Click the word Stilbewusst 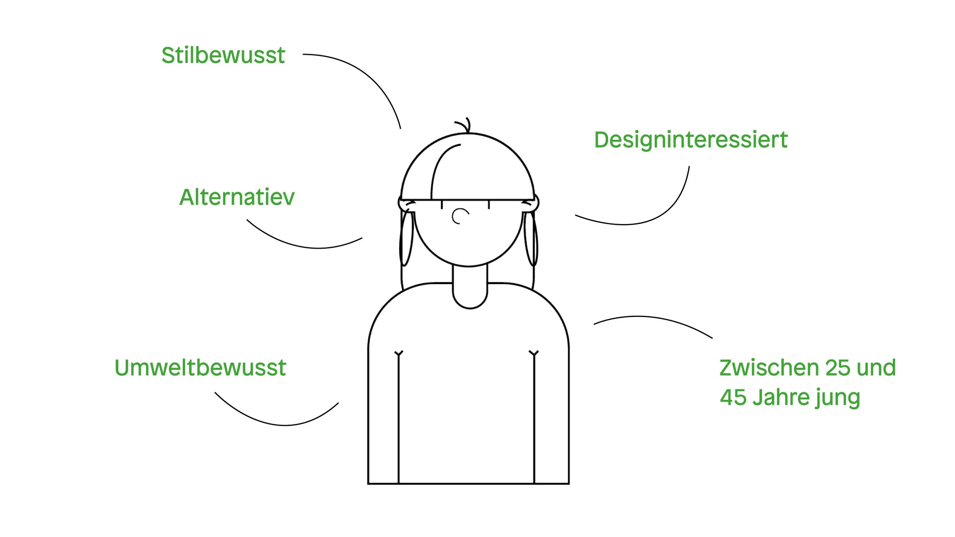click(223, 55)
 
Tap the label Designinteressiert click(691, 140)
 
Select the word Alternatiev click(237, 197)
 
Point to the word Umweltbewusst click(200, 368)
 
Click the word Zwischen click(769, 368)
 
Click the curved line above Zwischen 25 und click(653, 317)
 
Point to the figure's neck click(470, 286)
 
